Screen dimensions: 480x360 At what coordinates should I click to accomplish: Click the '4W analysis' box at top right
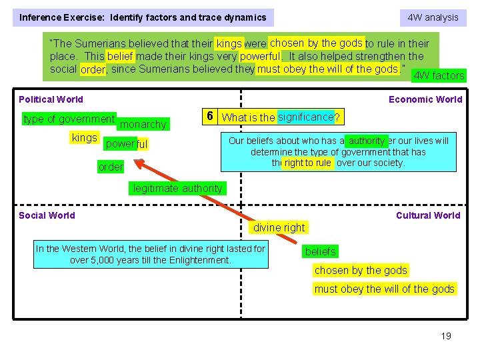pos(433,17)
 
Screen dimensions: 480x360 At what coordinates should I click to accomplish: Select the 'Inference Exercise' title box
pos(143,17)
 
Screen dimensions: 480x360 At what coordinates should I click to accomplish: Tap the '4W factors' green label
pos(439,75)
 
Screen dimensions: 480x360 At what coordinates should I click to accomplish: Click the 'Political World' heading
pos(51,99)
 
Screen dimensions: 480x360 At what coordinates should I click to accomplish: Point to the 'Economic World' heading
pos(425,99)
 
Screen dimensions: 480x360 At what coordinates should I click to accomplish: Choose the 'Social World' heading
pos(47,215)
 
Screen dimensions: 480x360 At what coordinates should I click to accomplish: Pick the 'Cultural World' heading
pos(428,215)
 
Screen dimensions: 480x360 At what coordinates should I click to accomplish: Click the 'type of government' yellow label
pos(69,119)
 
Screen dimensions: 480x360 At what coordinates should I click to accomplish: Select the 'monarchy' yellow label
pos(143,124)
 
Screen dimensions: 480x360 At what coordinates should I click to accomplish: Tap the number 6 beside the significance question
pos(209,117)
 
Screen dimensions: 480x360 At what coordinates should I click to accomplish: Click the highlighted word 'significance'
pos(305,117)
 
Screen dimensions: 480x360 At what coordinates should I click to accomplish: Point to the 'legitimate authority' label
pos(177,189)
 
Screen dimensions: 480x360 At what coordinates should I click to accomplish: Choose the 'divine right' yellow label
pos(279,227)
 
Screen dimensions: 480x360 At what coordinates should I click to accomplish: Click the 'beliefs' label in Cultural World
pos(321,251)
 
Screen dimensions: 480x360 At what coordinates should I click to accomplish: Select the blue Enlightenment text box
pos(151,254)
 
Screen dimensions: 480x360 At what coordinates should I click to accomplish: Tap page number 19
pos(446,335)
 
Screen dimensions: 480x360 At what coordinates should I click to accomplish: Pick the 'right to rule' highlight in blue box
pos(307,163)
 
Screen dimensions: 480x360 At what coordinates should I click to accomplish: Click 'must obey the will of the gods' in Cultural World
pos(385,289)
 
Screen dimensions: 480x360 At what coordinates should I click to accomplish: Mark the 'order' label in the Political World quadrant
pos(111,167)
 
